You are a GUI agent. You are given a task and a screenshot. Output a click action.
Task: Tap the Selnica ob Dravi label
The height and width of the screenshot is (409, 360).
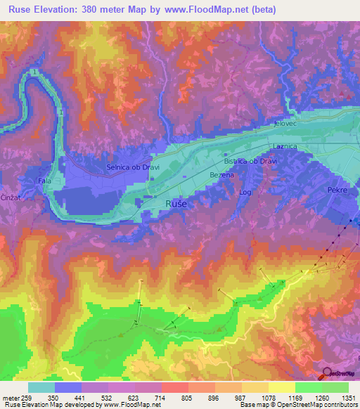(x=129, y=167)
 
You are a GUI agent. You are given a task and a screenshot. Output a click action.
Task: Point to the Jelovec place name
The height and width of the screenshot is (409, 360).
(x=286, y=124)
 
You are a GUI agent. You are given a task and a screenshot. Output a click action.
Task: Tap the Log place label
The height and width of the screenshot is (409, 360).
(x=245, y=191)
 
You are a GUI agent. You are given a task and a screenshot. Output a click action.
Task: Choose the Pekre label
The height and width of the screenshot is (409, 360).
(x=337, y=190)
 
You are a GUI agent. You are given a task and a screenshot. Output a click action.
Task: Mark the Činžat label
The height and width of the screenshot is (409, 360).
(x=9, y=197)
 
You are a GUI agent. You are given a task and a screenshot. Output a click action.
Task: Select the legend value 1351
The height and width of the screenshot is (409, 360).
(x=349, y=397)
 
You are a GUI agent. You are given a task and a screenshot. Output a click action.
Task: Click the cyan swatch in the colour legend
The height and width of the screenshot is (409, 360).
(x=41, y=387)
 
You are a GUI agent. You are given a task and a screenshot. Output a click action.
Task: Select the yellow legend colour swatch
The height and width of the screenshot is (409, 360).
(x=281, y=387)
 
